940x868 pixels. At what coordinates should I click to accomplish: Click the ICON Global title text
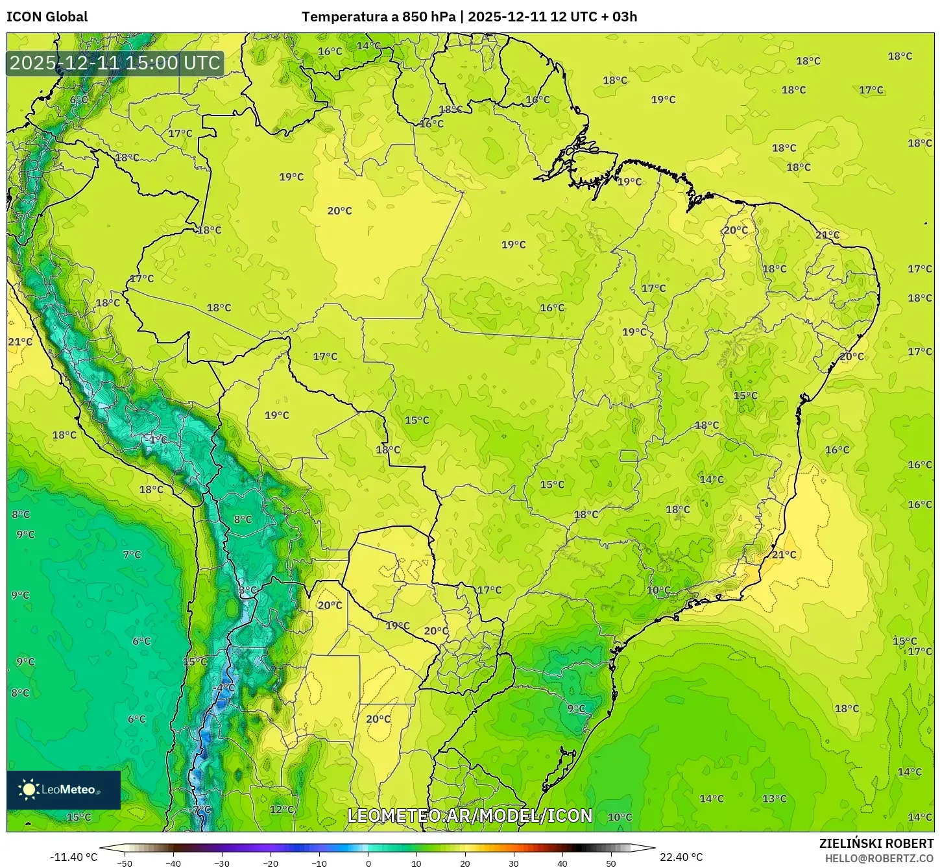pos(47,17)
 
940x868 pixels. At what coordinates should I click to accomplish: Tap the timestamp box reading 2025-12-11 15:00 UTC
pos(115,63)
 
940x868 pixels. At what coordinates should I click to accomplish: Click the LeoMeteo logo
pos(63,790)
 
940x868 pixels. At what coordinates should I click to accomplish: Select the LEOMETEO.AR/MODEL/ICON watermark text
pos(470,815)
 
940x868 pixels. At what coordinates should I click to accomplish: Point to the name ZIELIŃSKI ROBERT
pos(876,843)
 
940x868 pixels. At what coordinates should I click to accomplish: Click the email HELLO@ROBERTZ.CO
pos(879,858)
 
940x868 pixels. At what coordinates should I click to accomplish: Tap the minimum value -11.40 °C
pos(73,857)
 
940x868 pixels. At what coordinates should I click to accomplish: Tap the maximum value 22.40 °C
pos(681,857)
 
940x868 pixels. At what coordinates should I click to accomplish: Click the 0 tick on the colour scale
pos(368,863)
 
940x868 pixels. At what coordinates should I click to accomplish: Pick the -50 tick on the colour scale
pos(124,863)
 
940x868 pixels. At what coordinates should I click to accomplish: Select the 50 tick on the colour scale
pos(611,863)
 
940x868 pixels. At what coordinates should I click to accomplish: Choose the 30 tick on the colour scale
pos(514,863)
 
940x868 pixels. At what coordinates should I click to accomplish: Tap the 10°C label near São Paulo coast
pos(658,590)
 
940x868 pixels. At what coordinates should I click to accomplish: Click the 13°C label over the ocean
pos(774,799)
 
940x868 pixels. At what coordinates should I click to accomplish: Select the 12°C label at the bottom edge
pos(282,809)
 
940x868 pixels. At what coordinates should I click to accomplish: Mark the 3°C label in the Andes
pos(247,590)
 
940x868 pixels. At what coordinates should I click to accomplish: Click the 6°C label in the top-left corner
pos(78,99)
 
